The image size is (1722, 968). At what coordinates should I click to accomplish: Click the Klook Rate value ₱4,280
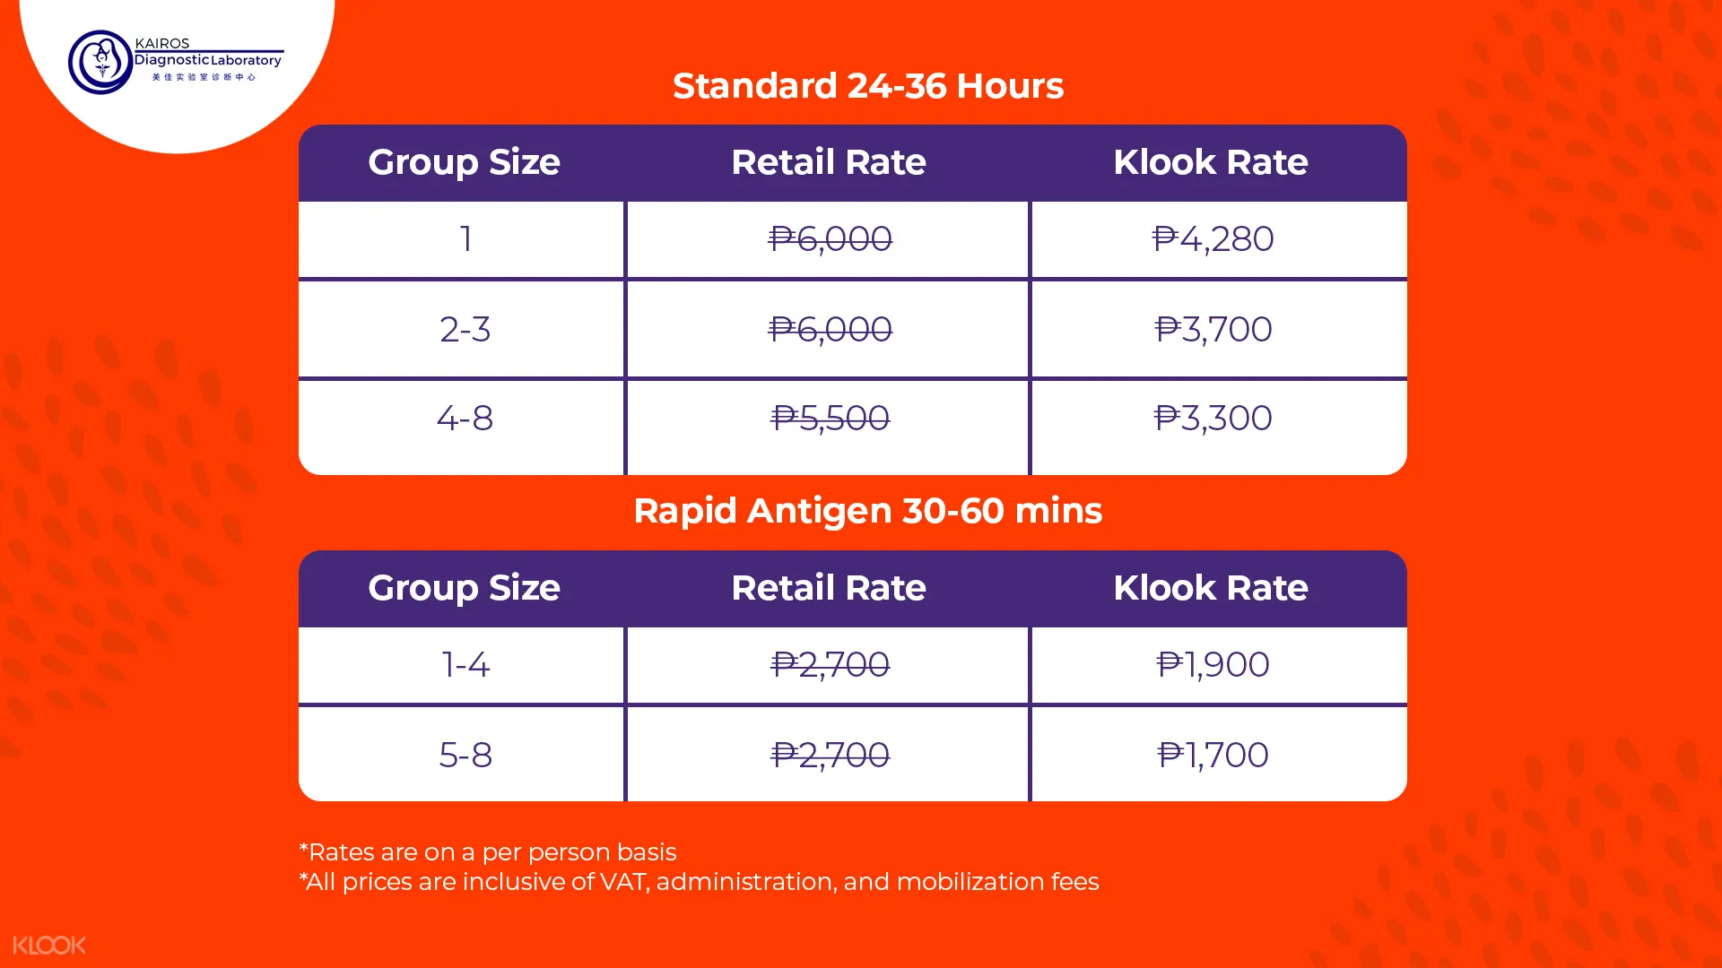[x=1213, y=239]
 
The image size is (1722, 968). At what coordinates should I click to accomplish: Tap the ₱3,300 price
[x=1213, y=419]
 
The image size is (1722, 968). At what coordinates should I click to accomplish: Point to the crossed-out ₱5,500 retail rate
[x=830, y=419]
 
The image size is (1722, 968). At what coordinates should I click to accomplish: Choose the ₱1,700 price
[x=1213, y=756]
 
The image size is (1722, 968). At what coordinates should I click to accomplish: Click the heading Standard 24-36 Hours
[x=868, y=86]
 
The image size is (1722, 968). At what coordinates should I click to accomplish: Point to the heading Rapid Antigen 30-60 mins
[x=867, y=511]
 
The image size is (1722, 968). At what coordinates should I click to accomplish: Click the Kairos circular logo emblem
[x=101, y=62]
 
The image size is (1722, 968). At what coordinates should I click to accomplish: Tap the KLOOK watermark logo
[x=49, y=945]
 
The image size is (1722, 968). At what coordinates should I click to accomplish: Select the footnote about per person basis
[x=488, y=851]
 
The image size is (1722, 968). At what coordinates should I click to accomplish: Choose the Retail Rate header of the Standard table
[x=829, y=162]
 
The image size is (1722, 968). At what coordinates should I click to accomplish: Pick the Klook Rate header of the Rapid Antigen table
[x=1211, y=588]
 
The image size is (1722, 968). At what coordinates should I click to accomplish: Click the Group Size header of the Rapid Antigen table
[x=464, y=589]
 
